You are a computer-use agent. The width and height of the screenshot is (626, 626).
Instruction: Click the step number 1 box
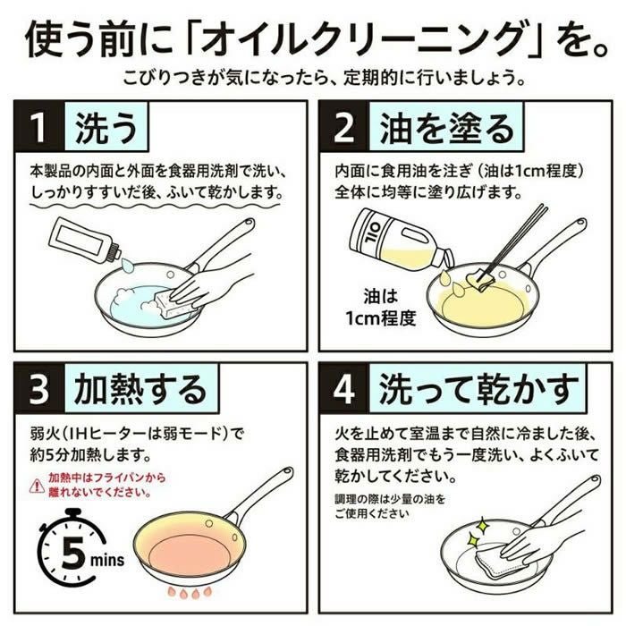(x=37, y=129)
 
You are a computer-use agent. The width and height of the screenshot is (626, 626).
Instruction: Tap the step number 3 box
(x=37, y=389)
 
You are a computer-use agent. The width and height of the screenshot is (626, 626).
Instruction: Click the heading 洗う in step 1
(x=106, y=129)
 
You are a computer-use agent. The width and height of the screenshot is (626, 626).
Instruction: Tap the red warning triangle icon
(x=36, y=485)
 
